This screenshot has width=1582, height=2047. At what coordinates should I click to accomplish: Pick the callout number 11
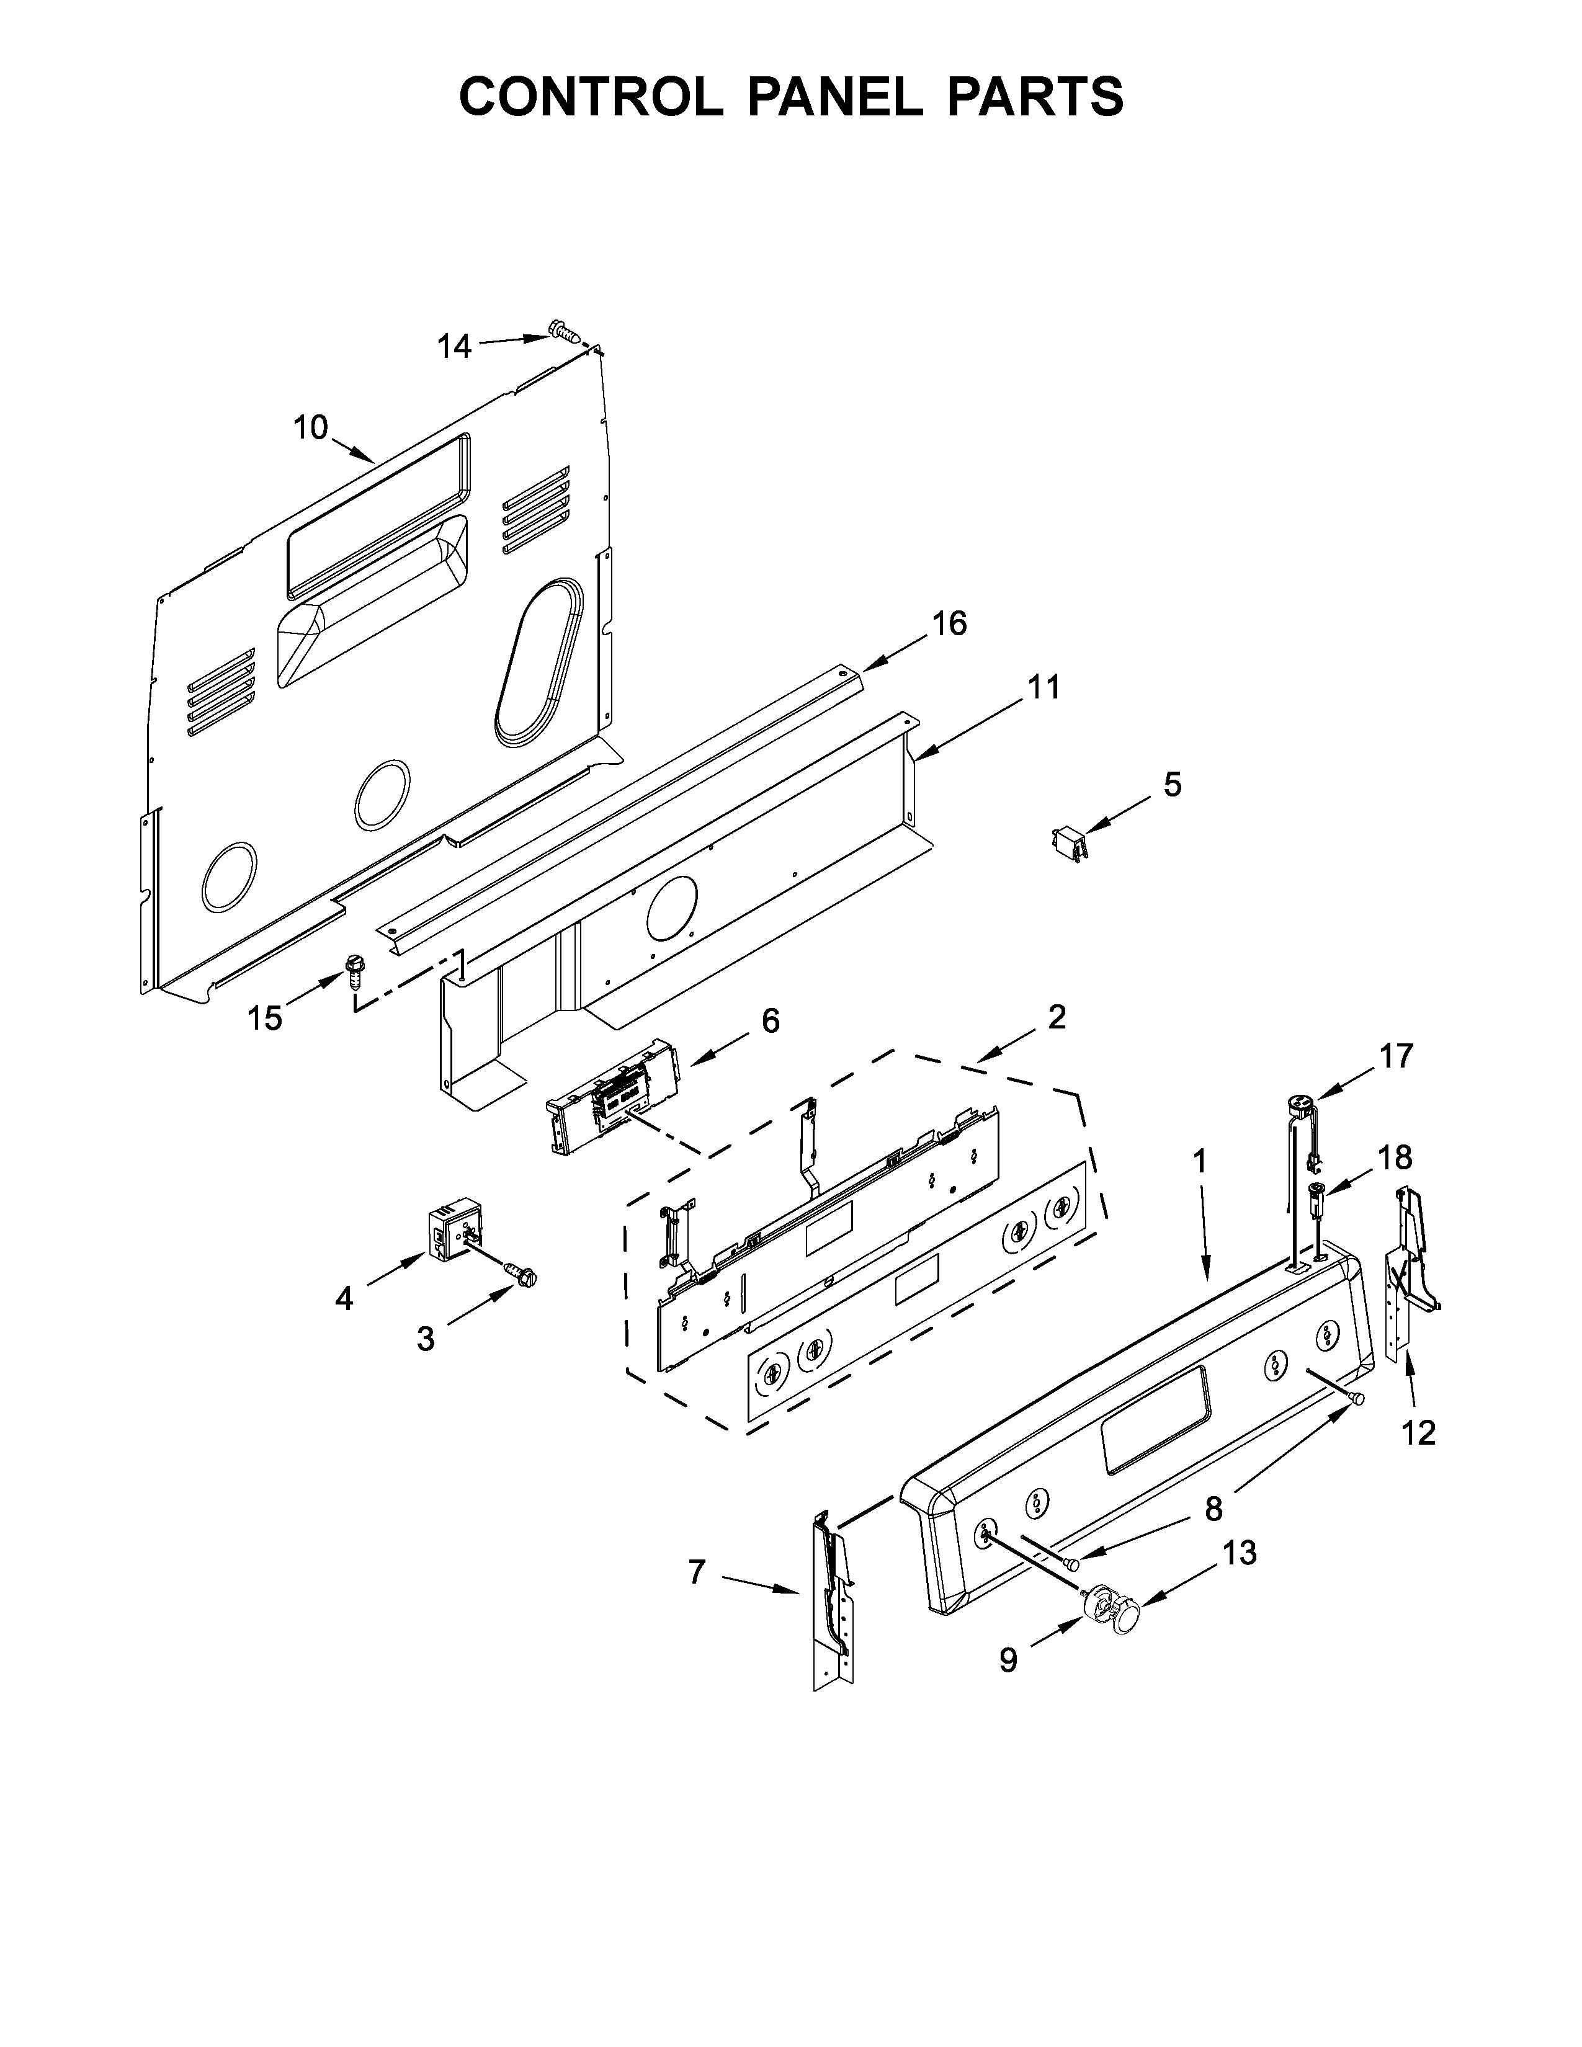1043,687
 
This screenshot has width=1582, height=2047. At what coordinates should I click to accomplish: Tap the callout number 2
1057,1017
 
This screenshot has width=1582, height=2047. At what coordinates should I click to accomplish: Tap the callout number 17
1395,1056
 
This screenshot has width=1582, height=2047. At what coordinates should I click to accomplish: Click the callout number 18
1395,1157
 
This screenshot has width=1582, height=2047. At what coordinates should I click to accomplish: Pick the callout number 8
1213,1508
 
